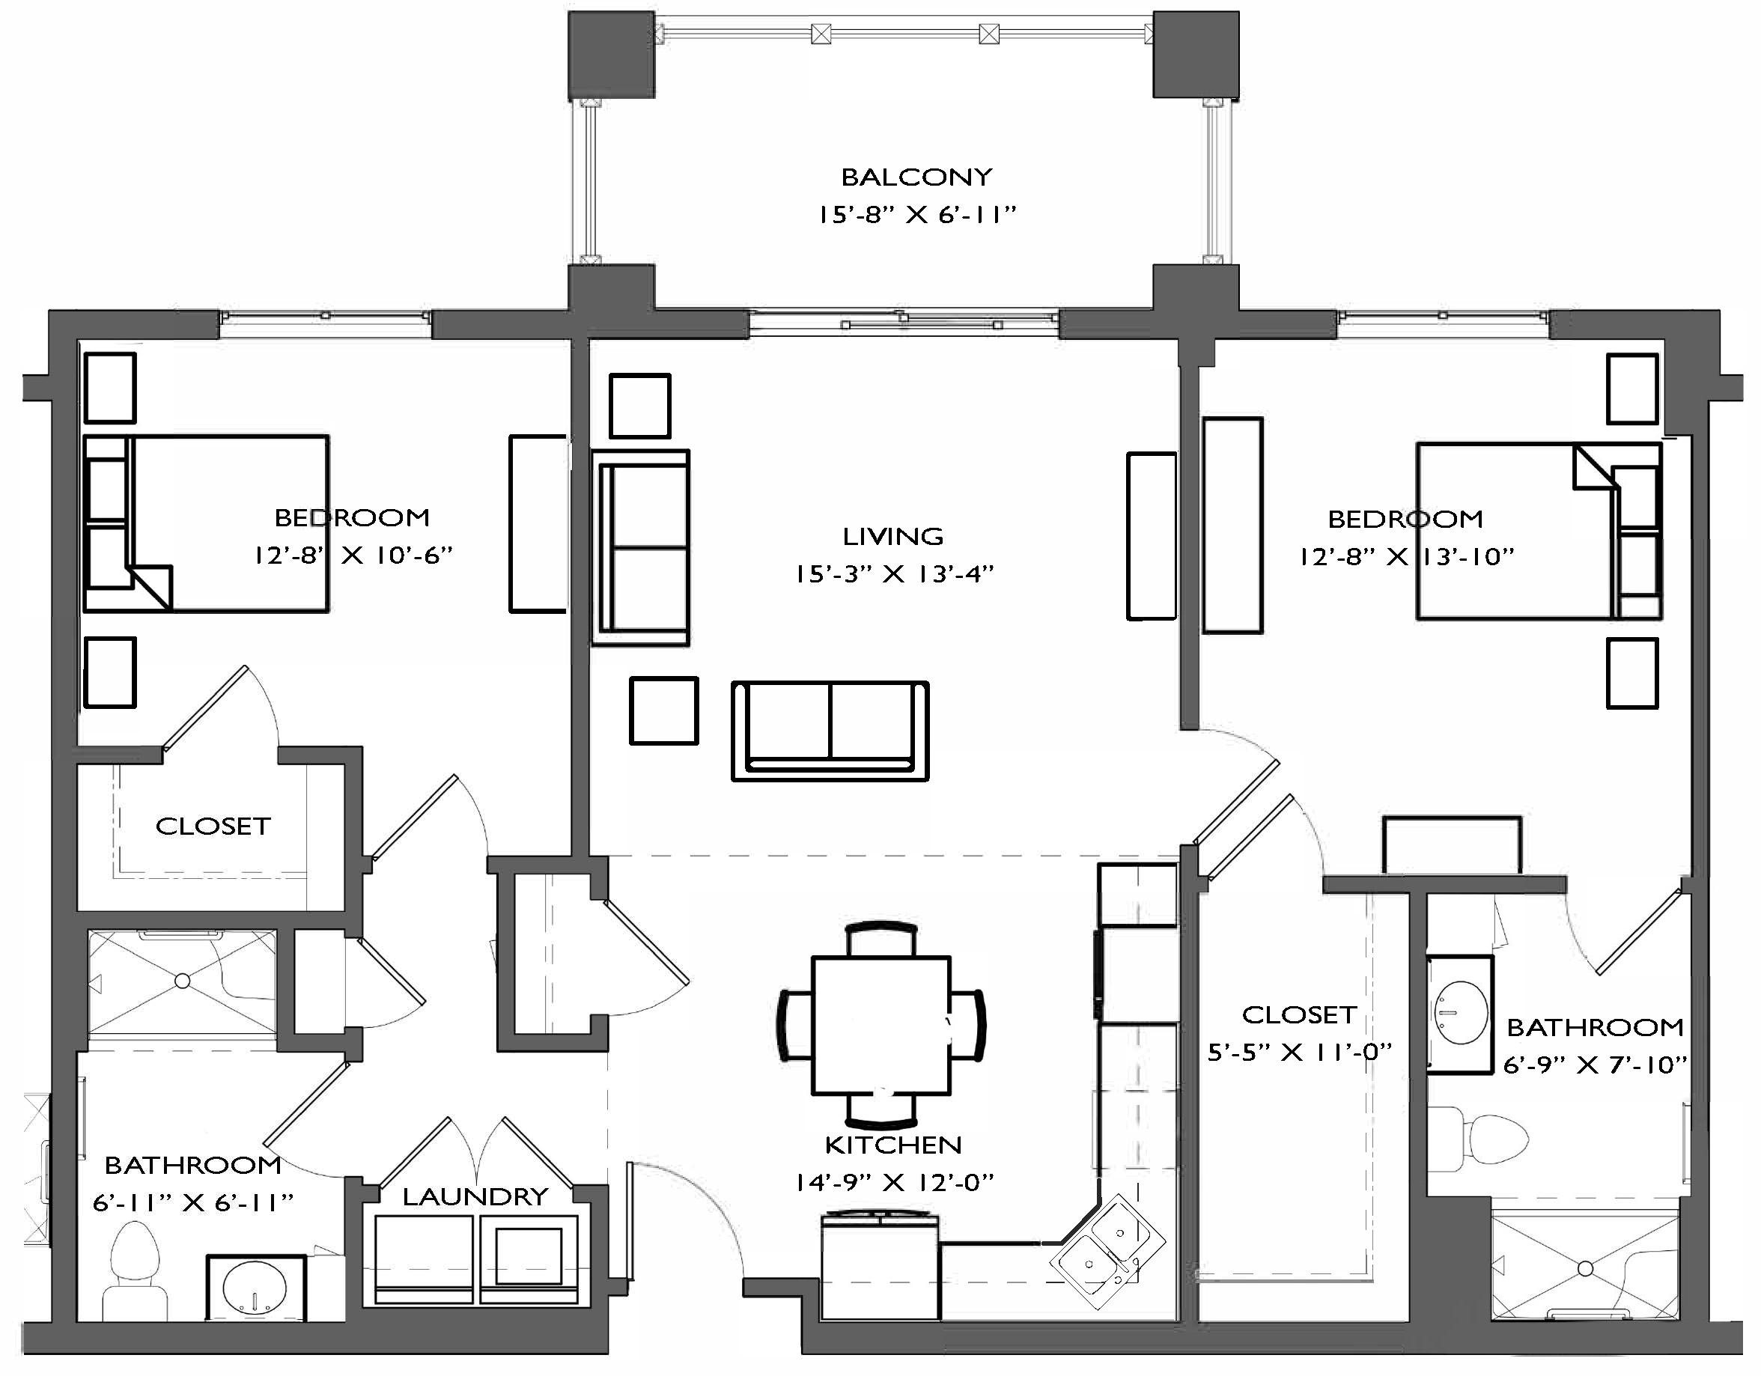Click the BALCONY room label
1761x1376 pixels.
[916, 177]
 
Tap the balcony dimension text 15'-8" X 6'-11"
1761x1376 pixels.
[916, 214]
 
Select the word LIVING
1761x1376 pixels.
[892, 536]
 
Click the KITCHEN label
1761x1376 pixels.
[892, 1145]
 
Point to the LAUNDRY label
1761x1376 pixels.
[475, 1196]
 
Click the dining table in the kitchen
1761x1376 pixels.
[880, 1025]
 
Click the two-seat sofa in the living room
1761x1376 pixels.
[830, 731]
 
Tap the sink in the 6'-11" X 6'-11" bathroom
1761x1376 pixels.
[255, 1286]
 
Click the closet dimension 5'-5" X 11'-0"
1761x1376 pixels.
[1299, 1052]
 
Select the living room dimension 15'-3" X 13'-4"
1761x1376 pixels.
[893, 574]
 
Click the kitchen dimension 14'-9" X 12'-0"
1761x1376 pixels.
[893, 1183]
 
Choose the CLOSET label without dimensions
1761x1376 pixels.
[213, 826]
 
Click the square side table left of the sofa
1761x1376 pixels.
[663, 710]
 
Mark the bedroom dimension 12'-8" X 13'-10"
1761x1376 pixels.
[1406, 557]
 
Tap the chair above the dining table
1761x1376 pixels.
[880, 940]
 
